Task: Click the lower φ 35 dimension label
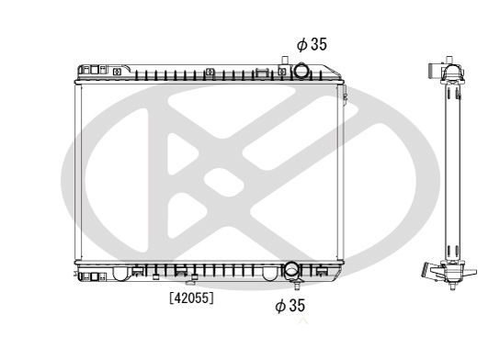pyautogui.click(x=290, y=305)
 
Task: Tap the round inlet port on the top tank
pyautogui.click(x=303, y=72)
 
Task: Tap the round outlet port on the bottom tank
pyautogui.click(x=291, y=271)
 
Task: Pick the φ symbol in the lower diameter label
pyautogui.click(x=279, y=305)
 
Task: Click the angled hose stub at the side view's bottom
pyautogui.click(x=428, y=272)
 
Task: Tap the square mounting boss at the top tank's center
pyautogui.click(x=210, y=71)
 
